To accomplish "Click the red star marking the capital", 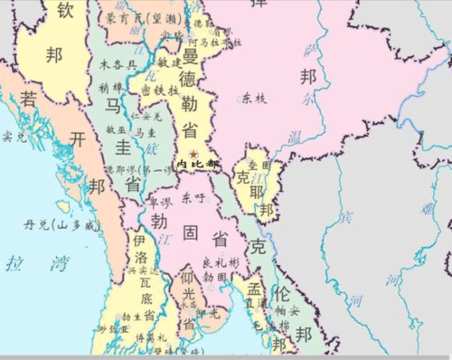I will coord(193,155).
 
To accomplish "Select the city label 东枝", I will coord(255,98).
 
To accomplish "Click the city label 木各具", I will coord(118,65).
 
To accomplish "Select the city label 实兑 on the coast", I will coord(14,137).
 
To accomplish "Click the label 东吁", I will coord(193,196).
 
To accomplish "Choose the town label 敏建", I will coord(169,64).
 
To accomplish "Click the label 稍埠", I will coord(113,88).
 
